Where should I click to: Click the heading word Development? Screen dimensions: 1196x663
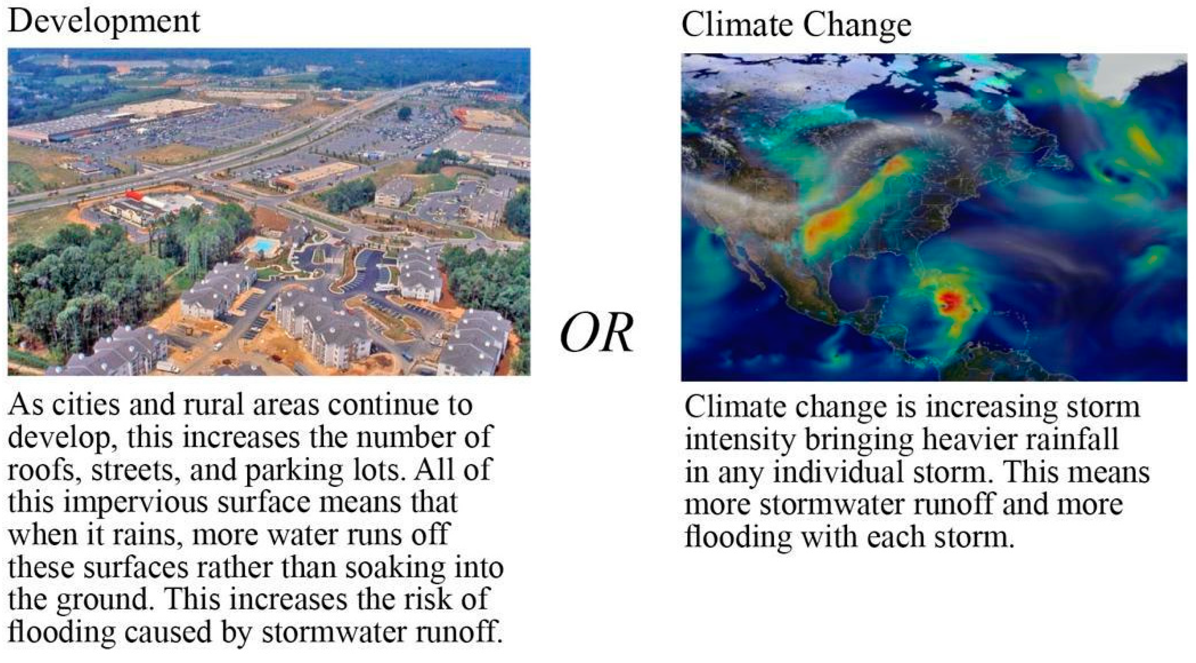coord(104,22)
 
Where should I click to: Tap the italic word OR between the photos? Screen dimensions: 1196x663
coord(597,333)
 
